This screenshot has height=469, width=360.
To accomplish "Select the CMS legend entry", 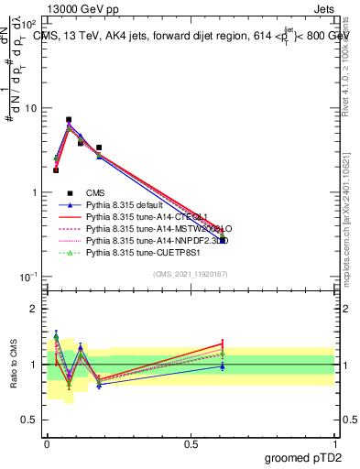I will click(96, 193).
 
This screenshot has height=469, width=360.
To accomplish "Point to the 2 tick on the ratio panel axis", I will click(35, 309).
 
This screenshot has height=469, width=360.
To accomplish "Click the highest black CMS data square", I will click(69, 120).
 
